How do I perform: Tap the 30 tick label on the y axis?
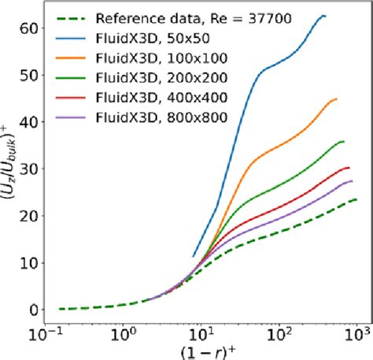[30, 168]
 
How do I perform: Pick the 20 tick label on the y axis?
[30, 215]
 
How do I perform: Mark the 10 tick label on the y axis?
[30, 262]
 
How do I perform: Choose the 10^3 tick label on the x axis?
[356, 334]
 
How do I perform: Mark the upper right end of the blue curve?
[325, 16]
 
